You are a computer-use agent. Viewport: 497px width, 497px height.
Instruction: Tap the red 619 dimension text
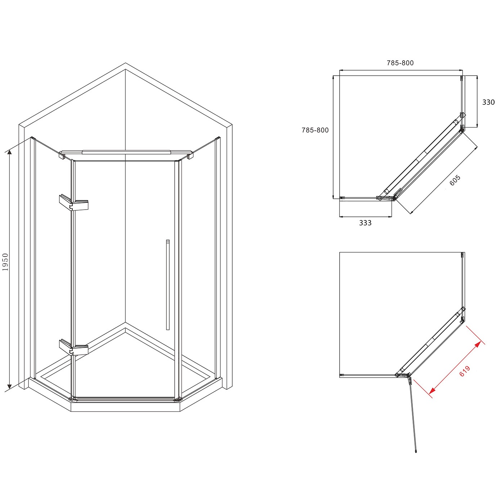coord(465,371)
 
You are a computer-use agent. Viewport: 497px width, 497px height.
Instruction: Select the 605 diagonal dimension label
coord(455,180)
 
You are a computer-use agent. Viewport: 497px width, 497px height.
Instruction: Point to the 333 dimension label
coord(365,223)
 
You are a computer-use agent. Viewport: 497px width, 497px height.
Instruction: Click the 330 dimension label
coord(488,102)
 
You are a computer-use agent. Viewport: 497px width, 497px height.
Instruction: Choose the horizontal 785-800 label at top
coord(400,63)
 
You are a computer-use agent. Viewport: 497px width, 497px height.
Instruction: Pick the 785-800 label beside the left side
coord(315,130)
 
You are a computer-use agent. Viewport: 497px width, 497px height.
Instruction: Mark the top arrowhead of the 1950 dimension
coord(9,152)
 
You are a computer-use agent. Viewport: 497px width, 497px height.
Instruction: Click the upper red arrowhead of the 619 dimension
coord(478,345)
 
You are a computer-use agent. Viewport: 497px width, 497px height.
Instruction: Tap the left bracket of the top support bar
coord(62,155)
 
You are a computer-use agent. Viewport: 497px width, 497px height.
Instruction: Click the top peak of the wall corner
coord(125,63)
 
